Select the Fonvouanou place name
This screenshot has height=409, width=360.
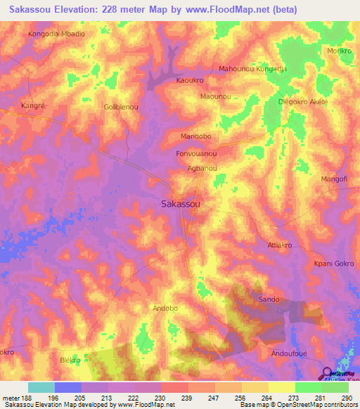click(x=195, y=153)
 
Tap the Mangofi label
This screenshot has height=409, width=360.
click(x=334, y=180)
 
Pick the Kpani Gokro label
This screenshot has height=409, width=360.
click(x=333, y=264)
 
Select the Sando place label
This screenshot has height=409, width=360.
click(x=269, y=299)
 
